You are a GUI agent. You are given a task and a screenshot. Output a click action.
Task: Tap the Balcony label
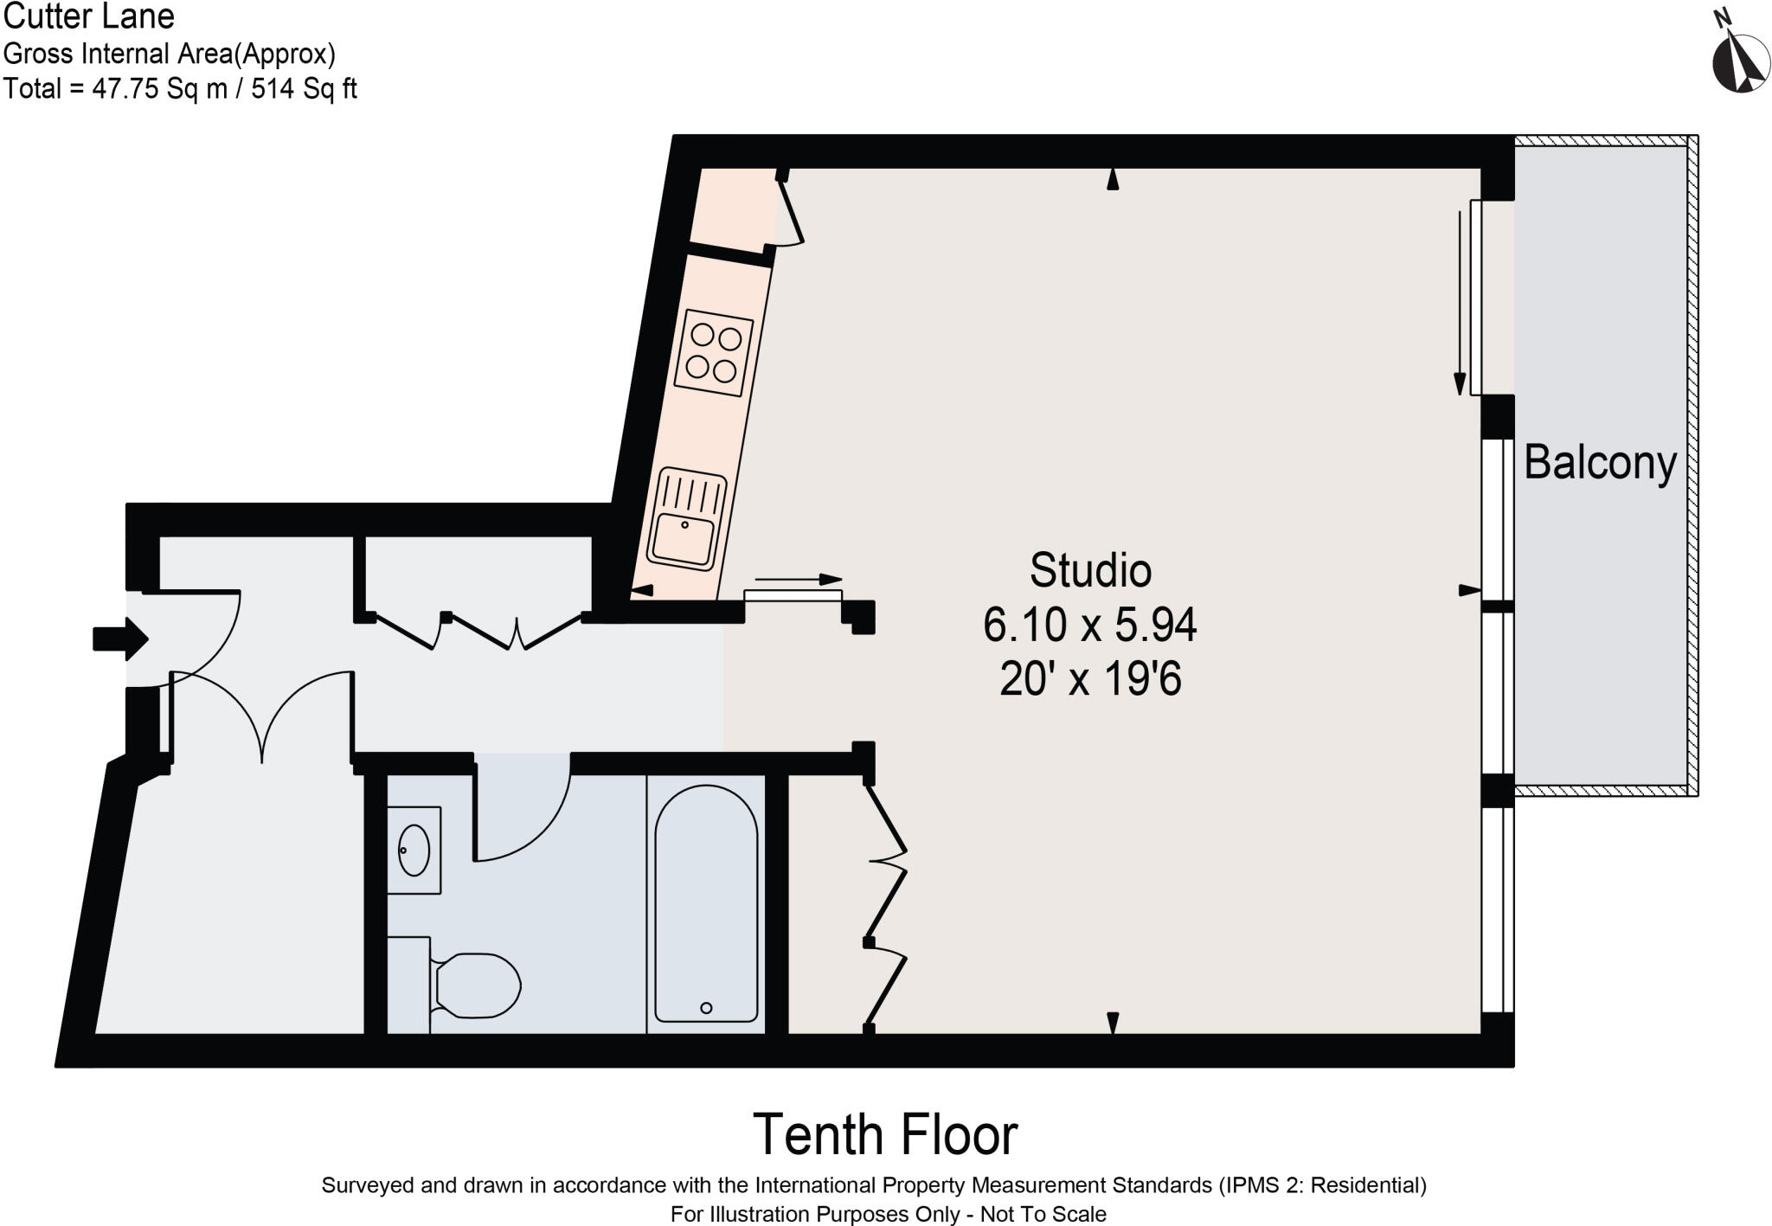pyautogui.click(x=1600, y=463)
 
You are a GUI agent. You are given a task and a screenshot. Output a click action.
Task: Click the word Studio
pyautogui.click(x=1090, y=570)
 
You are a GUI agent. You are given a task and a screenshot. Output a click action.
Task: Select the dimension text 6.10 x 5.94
pyautogui.click(x=1089, y=625)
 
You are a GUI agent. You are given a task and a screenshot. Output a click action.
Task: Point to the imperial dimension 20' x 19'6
pyautogui.click(x=1090, y=679)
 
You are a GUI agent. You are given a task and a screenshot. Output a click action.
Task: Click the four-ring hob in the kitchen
pyautogui.click(x=714, y=353)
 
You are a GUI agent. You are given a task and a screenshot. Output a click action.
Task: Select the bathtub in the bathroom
pyautogui.click(x=706, y=904)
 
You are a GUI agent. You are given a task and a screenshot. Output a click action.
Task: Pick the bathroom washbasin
pyautogui.click(x=414, y=850)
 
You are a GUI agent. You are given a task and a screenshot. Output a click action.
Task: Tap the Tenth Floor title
pyautogui.click(x=885, y=1134)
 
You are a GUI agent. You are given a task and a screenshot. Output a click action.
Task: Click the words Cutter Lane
pyautogui.click(x=89, y=16)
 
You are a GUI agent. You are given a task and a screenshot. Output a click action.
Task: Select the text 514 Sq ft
pyautogui.click(x=304, y=88)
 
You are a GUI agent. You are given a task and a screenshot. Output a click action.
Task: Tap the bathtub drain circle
pyautogui.click(x=706, y=1008)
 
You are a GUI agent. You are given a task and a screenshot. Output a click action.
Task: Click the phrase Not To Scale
pyautogui.click(x=1043, y=1214)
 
